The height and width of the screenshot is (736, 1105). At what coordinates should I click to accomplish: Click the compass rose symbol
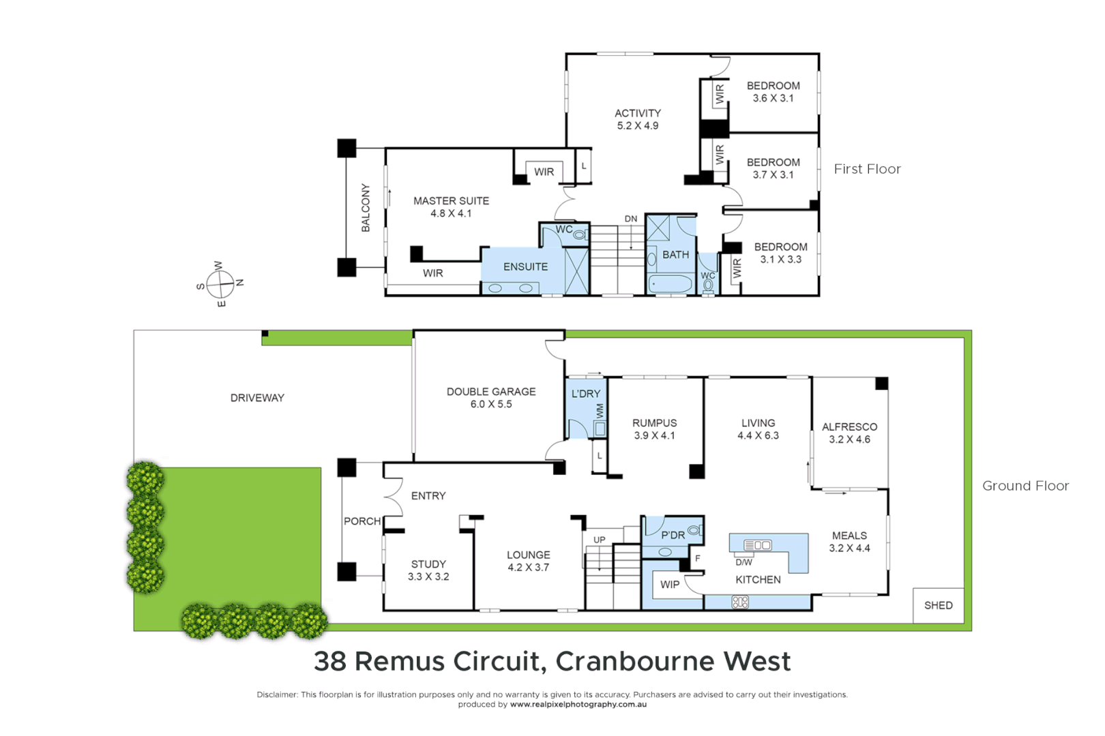coord(220,283)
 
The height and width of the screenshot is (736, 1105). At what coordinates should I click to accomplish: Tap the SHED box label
coord(938,605)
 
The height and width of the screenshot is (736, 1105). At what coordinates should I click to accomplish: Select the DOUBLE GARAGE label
coord(491,392)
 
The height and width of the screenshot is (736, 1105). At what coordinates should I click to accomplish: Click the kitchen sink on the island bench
coord(757,545)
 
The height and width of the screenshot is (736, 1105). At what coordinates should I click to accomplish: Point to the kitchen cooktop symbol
coord(740,602)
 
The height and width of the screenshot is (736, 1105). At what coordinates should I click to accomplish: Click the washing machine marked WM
coord(600,429)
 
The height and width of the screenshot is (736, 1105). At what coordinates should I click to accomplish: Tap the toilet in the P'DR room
coord(694,530)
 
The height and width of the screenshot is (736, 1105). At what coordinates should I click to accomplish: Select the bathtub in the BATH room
coord(670,283)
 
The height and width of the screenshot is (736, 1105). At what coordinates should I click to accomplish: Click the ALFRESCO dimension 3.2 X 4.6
coord(849,440)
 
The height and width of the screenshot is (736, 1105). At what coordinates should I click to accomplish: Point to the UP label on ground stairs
coord(599,540)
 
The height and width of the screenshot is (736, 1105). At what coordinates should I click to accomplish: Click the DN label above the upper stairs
coord(631,219)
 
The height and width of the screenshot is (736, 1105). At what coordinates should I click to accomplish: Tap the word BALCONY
coord(366,208)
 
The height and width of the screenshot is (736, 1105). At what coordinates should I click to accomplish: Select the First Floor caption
coord(867,169)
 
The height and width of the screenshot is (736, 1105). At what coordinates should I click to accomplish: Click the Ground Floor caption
coord(1025,486)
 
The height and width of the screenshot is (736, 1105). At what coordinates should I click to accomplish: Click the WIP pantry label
coord(670,585)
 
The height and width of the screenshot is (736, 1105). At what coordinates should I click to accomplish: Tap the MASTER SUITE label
coord(451,201)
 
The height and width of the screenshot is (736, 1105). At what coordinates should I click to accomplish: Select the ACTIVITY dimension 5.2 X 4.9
coord(638,126)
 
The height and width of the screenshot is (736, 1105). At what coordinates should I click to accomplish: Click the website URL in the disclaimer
coord(578,705)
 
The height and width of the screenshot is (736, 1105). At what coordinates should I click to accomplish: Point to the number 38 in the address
coord(330,661)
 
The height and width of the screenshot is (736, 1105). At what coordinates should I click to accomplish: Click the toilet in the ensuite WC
coord(580,235)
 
